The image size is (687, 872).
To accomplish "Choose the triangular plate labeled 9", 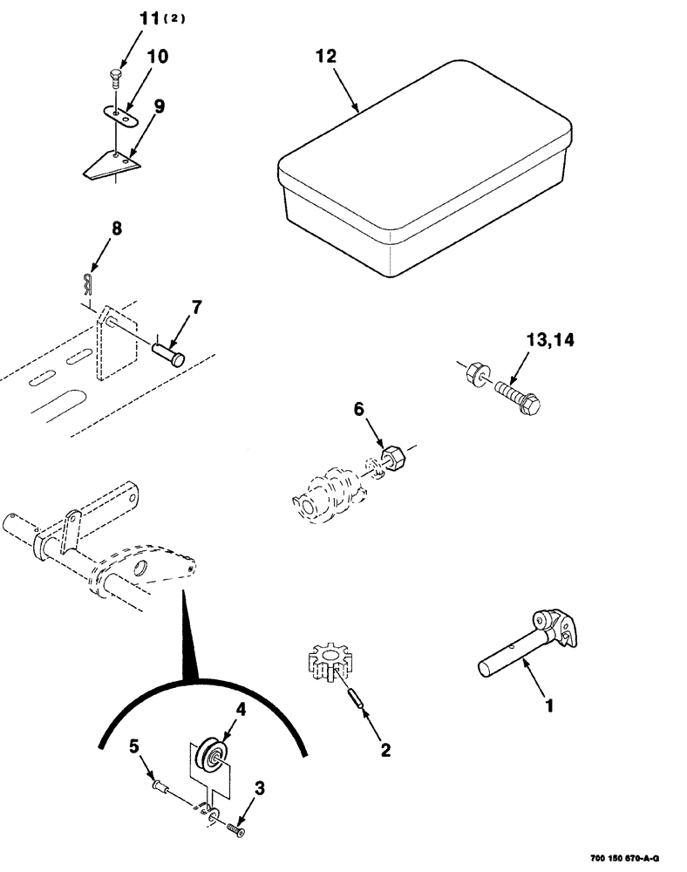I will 109,163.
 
